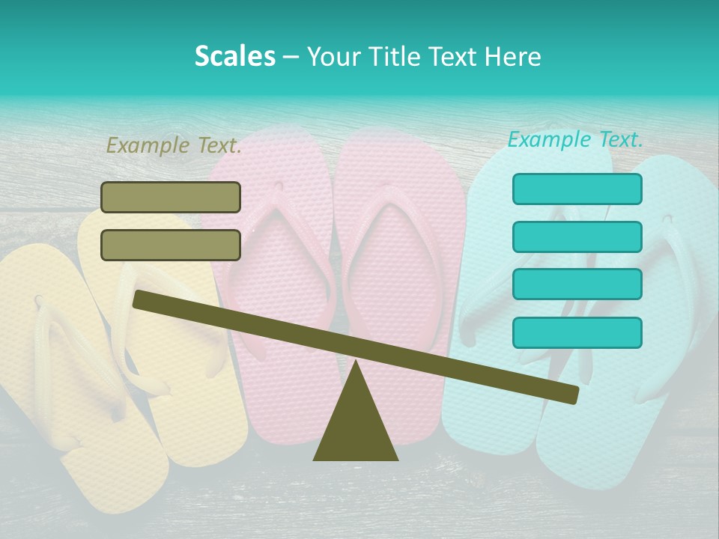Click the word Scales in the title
(234, 57)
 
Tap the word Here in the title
(513, 57)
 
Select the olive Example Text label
(174, 145)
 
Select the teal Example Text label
(575, 139)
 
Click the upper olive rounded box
(171, 197)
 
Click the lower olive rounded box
(171, 245)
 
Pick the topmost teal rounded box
(577, 189)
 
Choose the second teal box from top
(577, 237)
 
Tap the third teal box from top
(577, 284)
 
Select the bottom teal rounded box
(577, 332)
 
